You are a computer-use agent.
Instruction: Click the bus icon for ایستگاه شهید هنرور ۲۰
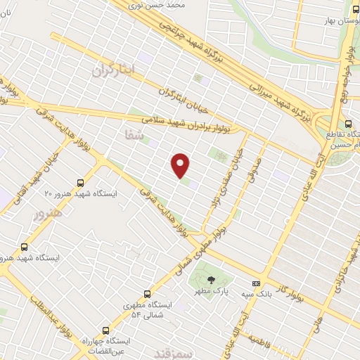[x=81, y=181]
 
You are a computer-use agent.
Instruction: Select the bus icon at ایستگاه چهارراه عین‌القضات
[x=106, y=329]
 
